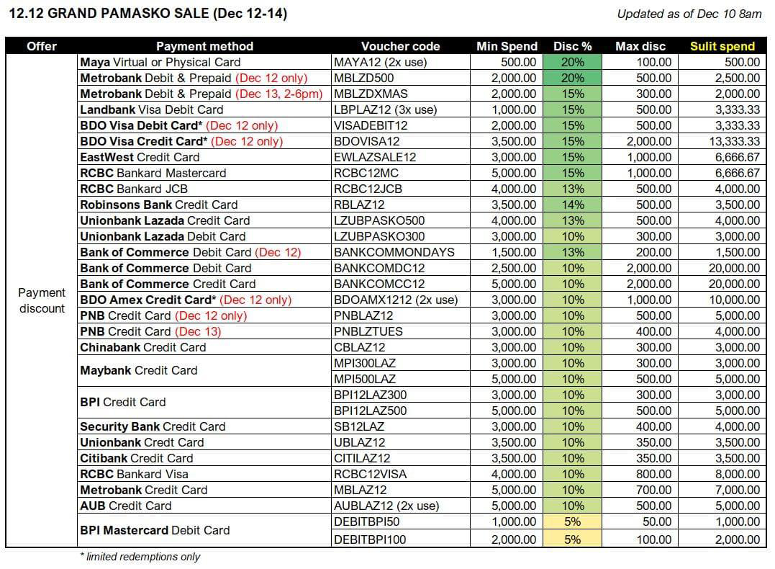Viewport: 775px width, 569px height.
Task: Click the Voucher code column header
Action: click(400, 46)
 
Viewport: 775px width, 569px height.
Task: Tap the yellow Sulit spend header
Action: click(722, 46)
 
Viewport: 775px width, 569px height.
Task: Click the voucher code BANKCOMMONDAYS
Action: click(394, 252)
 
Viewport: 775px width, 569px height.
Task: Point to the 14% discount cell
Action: click(572, 205)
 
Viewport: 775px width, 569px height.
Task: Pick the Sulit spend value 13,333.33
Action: click(735, 141)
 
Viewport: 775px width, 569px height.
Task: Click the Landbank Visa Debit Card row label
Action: click(152, 109)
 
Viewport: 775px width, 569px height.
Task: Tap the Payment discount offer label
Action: click(42, 300)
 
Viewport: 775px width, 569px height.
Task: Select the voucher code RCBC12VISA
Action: click(370, 473)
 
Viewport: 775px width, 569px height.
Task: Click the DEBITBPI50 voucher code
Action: click(367, 521)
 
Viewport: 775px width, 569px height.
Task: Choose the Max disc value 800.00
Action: click(653, 473)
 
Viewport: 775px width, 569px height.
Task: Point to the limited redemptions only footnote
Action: click(140, 557)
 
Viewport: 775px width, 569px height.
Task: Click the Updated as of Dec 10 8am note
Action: click(689, 14)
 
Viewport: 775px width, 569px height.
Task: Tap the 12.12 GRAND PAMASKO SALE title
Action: click(148, 14)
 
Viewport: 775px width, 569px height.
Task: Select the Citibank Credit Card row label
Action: click(137, 457)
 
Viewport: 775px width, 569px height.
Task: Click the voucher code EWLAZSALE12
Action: click(375, 157)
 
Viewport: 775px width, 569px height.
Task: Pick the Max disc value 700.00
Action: click(653, 489)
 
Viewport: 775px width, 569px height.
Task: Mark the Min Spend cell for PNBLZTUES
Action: click(514, 331)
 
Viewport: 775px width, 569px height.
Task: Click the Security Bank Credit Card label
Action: click(153, 426)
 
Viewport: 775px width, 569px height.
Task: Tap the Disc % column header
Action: click(572, 46)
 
